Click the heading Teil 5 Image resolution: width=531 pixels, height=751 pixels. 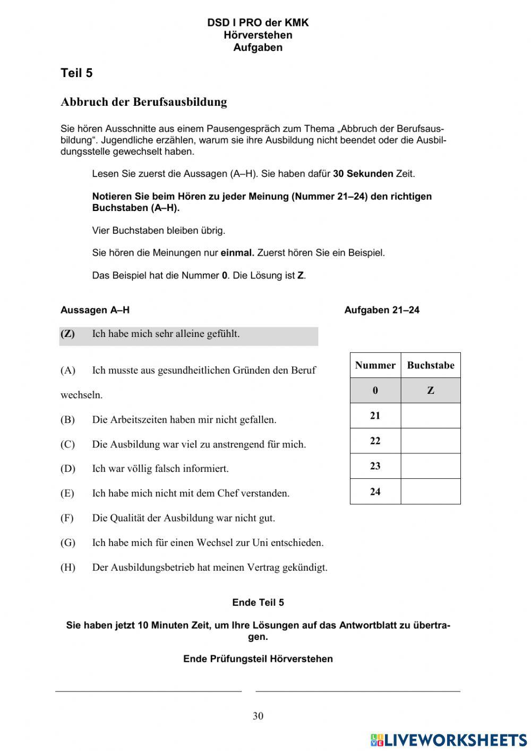[76, 73]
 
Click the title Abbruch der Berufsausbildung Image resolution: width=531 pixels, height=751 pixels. [144, 102]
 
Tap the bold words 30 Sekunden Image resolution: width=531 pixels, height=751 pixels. [363, 174]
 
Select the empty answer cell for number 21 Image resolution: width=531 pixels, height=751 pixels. [430, 416]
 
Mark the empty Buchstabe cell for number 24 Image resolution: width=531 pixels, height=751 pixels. [430, 492]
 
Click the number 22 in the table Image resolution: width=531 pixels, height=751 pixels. [375, 441]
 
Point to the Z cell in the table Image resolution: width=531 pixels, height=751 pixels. [430, 391]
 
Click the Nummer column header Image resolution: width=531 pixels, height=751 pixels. [375, 365]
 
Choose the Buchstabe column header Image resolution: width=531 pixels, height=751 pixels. [430, 365]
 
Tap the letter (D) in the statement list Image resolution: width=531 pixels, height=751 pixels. [68, 469]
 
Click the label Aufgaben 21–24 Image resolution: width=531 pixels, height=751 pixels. [381, 310]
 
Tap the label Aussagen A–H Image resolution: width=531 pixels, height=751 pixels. [95, 310]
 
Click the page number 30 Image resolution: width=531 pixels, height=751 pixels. [258, 716]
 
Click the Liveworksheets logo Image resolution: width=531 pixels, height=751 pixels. [449, 739]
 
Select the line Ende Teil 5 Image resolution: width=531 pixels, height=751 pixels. [258, 602]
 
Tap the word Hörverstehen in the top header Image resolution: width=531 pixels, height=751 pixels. [258, 35]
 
